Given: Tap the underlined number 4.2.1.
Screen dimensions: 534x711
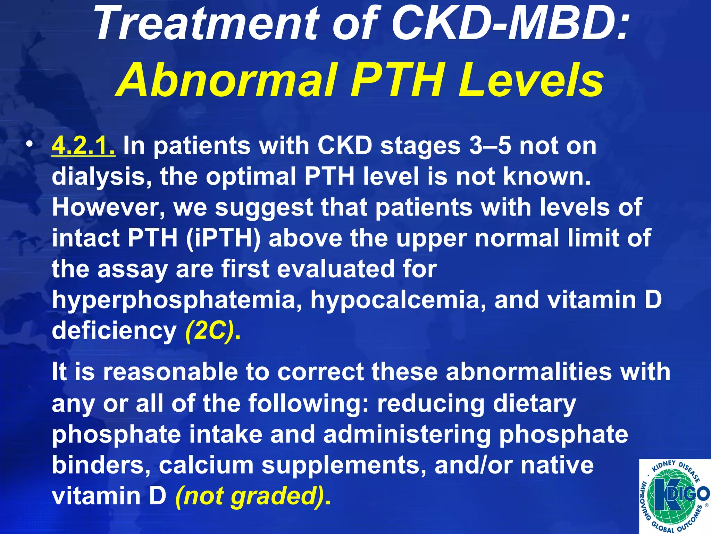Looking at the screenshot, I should coord(83,146).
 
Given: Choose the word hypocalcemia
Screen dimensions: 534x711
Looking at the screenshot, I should coord(398,300).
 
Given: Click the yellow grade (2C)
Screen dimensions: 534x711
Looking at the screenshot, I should coord(210,331).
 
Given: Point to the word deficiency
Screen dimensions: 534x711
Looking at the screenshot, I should coord(114,331).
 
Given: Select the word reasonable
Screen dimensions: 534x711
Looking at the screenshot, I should coord(170,372).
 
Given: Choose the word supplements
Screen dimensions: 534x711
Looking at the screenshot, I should coord(344,466).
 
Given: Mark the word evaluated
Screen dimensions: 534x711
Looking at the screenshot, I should coord(335,269).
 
